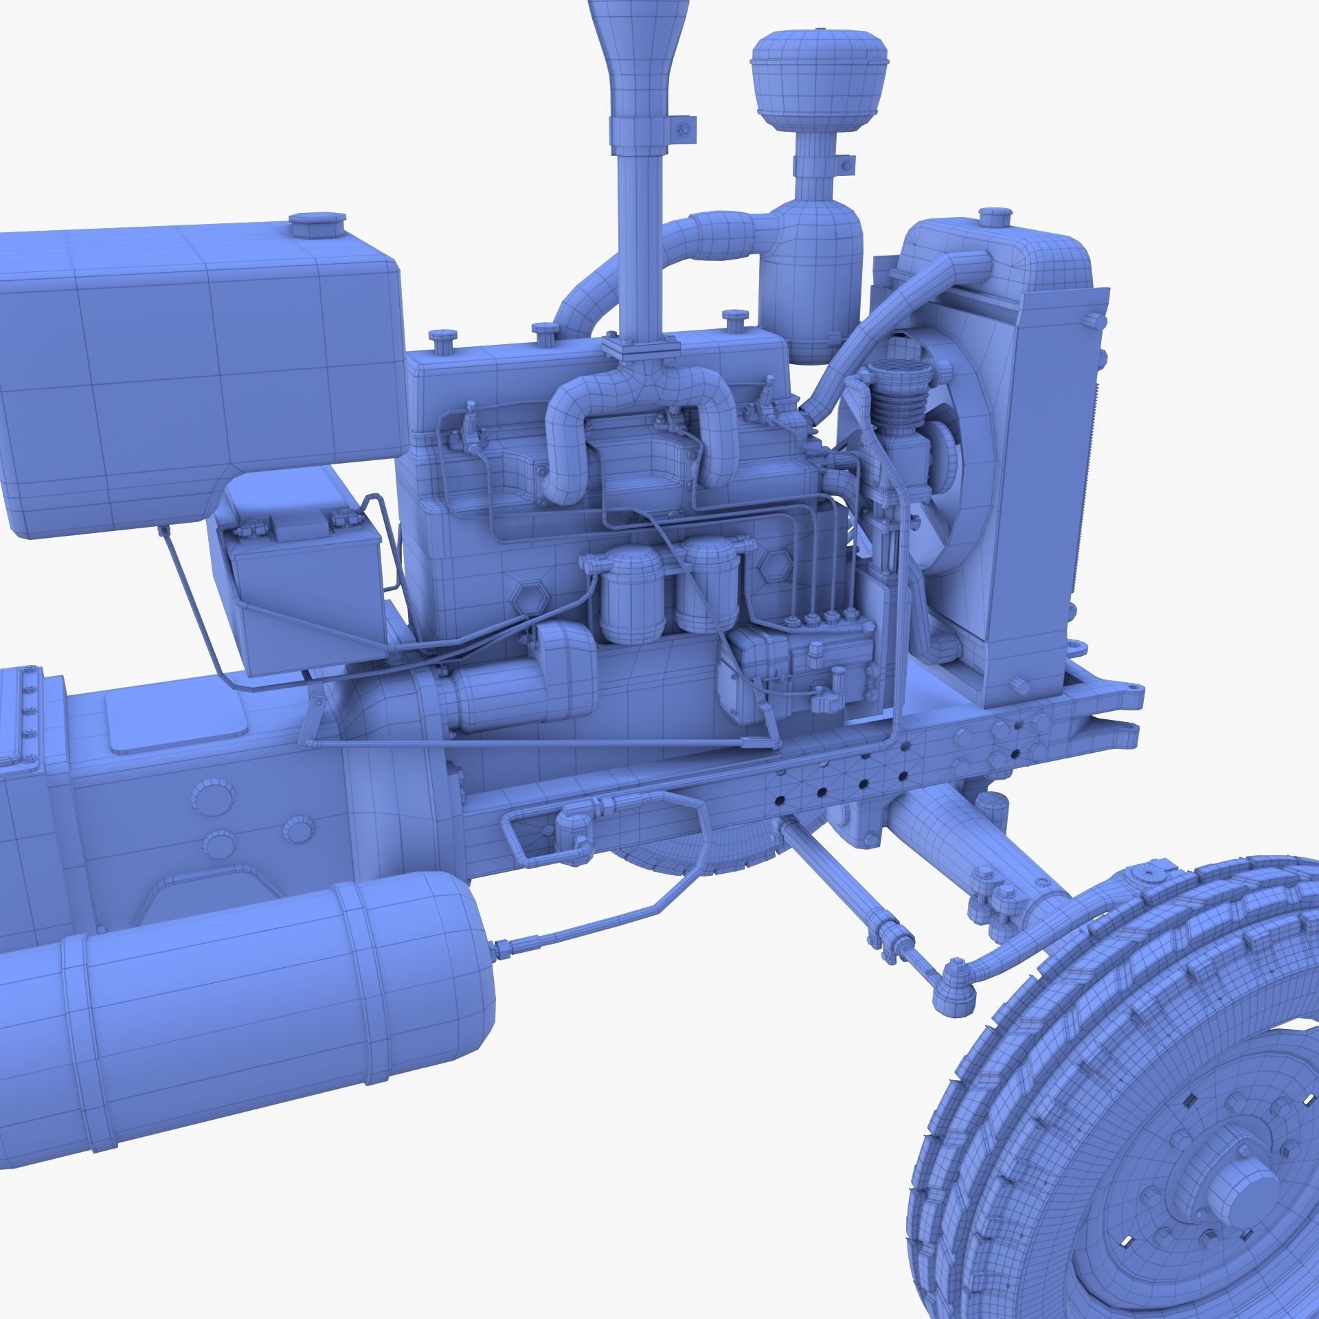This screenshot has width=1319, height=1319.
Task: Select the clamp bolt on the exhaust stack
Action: [x=685, y=131]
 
